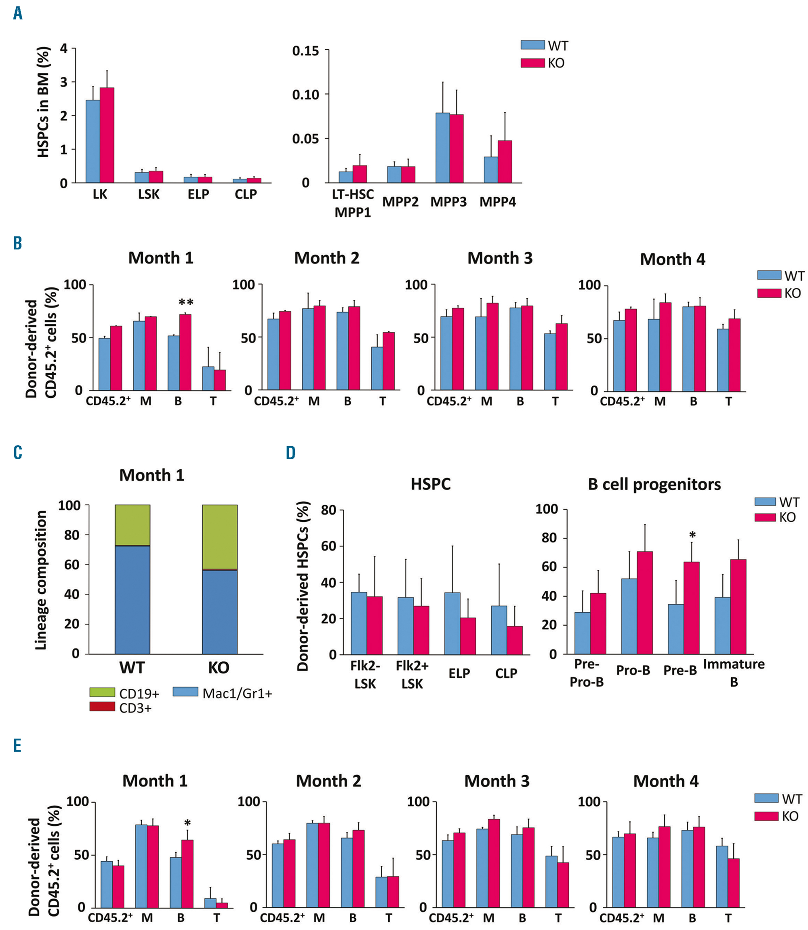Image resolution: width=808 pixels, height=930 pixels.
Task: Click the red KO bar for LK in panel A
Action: coord(107,135)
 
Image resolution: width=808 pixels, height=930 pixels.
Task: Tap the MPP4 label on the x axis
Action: coord(497,202)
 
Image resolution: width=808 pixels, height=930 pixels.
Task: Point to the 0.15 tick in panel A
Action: coord(305,51)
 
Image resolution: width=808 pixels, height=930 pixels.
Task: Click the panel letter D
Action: coord(291,452)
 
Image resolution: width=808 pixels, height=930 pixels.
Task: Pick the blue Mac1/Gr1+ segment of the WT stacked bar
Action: coord(133,600)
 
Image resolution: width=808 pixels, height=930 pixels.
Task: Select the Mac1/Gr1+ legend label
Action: coord(237,693)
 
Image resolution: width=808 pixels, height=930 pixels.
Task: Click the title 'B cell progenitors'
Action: coord(654,484)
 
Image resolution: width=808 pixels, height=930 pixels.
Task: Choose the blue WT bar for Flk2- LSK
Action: coord(358,623)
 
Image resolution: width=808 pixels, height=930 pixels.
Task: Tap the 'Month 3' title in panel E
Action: coord(497,781)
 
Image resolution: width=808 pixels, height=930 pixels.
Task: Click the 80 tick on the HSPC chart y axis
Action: coord(329,510)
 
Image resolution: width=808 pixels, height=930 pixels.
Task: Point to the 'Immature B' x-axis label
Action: coord(734,673)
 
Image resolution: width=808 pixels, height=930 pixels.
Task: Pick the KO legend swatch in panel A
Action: coord(532,63)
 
